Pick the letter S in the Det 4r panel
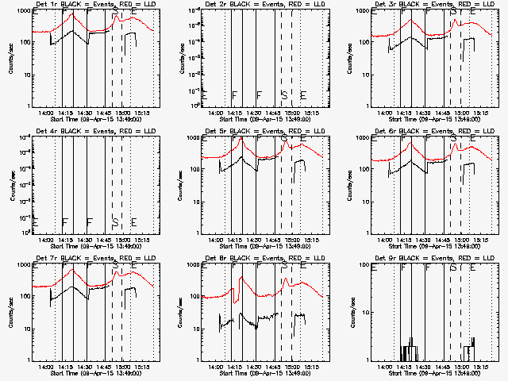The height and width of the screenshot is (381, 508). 115,221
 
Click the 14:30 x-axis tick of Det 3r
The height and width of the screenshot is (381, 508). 425,113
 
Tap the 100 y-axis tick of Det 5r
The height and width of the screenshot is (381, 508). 194,168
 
